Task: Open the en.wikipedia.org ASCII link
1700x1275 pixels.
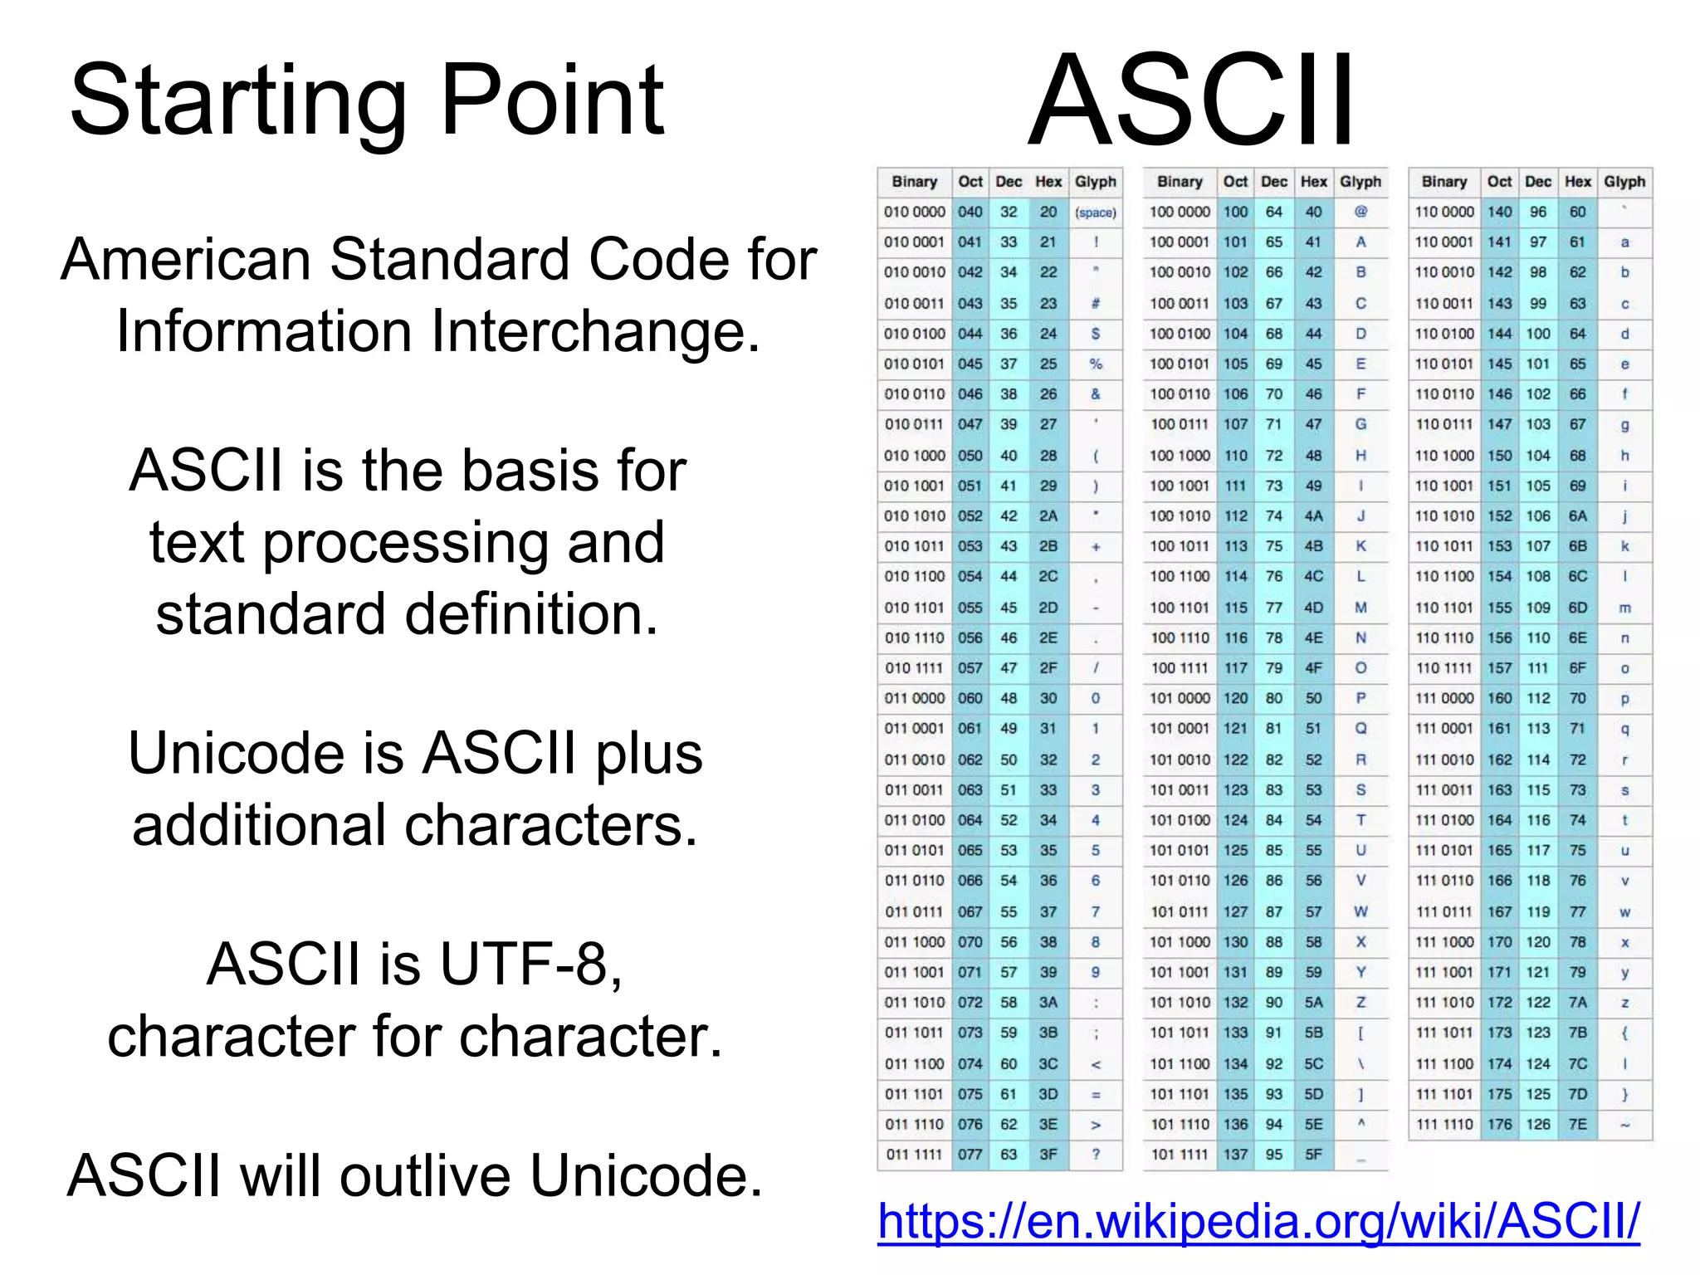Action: point(1258,1221)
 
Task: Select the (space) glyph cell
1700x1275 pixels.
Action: point(1096,212)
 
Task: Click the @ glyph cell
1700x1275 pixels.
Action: point(1360,212)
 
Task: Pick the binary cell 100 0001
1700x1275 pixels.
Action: point(1179,242)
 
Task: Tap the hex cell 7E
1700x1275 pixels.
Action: point(1577,1125)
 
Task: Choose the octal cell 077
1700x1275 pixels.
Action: point(970,1155)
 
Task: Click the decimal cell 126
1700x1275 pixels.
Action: point(1537,1125)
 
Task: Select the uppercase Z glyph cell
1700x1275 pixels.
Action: point(1360,1003)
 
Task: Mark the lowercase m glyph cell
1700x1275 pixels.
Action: point(1624,608)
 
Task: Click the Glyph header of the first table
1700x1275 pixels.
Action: point(1096,182)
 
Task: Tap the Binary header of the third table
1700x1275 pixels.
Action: point(1444,182)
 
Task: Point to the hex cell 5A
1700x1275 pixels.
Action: point(1313,1003)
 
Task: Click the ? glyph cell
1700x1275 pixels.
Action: point(1096,1155)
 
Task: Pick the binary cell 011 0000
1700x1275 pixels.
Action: point(914,699)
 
